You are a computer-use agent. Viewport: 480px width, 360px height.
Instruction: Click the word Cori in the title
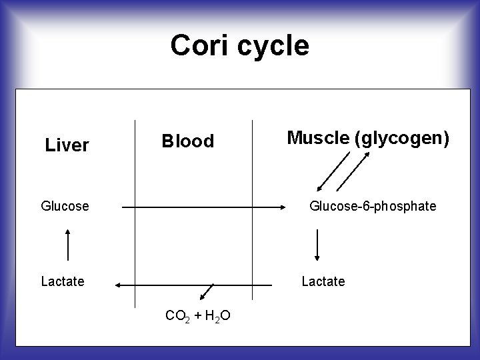(199, 45)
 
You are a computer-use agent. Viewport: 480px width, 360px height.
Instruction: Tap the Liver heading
(67, 145)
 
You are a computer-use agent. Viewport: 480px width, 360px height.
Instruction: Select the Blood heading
(189, 141)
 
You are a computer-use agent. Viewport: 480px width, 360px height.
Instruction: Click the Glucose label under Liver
(65, 207)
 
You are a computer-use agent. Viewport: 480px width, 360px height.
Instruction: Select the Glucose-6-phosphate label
(373, 207)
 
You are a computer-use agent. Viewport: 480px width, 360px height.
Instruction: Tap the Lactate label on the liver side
(63, 281)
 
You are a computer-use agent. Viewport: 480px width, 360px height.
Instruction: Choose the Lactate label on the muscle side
(323, 281)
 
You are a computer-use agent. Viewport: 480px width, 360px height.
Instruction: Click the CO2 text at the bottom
(177, 315)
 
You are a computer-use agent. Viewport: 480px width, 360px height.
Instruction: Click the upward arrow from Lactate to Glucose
(68, 244)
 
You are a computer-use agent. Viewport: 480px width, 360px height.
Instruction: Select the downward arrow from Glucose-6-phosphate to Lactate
(317, 244)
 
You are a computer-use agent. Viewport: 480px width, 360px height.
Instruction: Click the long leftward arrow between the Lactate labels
(193, 285)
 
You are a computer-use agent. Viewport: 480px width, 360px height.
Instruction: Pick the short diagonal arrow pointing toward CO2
(207, 292)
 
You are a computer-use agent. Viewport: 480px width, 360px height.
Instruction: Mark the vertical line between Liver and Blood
(135, 213)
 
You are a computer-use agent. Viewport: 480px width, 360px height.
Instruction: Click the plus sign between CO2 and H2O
(197, 315)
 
